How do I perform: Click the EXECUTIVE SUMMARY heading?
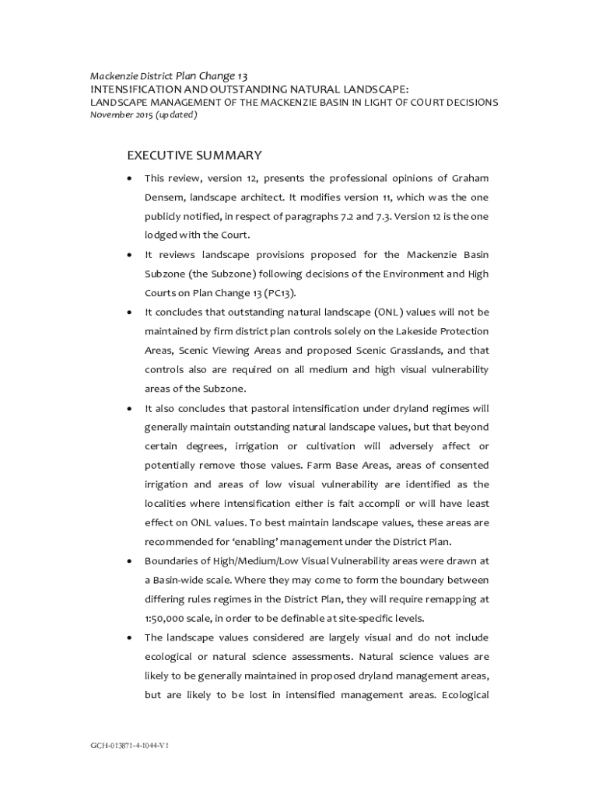(194, 155)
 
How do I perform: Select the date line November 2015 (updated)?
(144, 115)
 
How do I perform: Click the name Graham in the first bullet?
(469, 178)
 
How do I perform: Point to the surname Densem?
(163, 197)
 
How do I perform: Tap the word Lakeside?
(424, 331)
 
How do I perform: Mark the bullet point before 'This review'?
(128, 179)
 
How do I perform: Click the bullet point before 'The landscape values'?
(128, 638)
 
